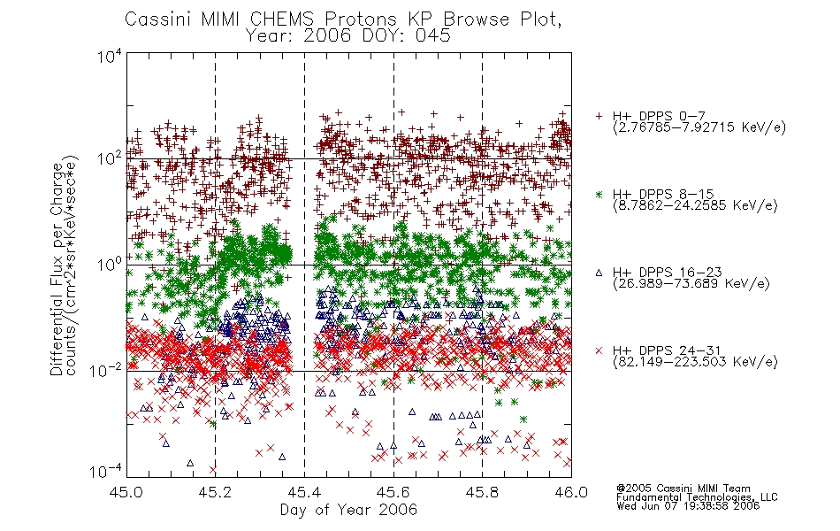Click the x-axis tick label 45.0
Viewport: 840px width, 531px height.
(x=126, y=492)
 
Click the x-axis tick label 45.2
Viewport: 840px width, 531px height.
(x=215, y=492)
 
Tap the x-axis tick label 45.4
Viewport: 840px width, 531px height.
(x=304, y=492)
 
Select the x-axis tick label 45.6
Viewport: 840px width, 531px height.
(x=393, y=492)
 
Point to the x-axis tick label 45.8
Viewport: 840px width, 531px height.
(x=482, y=492)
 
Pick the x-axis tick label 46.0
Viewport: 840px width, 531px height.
(x=571, y=492)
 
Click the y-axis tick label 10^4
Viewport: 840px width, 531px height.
(x=110, y=57)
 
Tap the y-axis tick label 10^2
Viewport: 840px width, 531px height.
(x=110, y=159)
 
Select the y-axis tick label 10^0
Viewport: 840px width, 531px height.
(x=110, y=265)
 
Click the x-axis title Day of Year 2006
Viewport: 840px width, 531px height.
(x=348, y=510)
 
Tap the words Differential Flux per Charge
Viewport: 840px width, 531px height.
(x=57, y=269)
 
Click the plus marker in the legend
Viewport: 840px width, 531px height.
(x=599, y=116)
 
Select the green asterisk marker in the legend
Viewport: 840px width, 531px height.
(x=599, y=194)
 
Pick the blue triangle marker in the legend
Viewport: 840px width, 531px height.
(x=599, y=273)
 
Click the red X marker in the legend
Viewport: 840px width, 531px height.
(x=599, y=350)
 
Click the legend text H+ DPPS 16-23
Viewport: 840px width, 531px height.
(x=667, y=272)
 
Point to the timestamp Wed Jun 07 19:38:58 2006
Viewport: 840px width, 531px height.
(x=688, y=506)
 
